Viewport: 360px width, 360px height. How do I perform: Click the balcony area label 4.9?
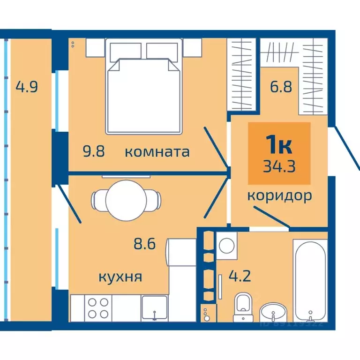pyautogui.click(x=26, y=87)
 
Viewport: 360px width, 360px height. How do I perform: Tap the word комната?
pyautogui.click(x=157, y=152)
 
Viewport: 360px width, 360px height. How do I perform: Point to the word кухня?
pyautogui.click(x=120, y=277)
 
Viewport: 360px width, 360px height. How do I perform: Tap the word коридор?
pyautogui.click(x=279, y=196)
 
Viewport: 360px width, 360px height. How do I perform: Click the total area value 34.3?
pyautogui.click(x=279, y=166)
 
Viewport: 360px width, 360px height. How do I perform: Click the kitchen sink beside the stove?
pyautogui.click(x=154, y=308)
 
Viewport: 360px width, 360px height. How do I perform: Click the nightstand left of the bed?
pyautogui.click(x=95, y=47)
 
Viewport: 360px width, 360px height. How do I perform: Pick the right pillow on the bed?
pyautogui.click(x=163, y=50)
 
